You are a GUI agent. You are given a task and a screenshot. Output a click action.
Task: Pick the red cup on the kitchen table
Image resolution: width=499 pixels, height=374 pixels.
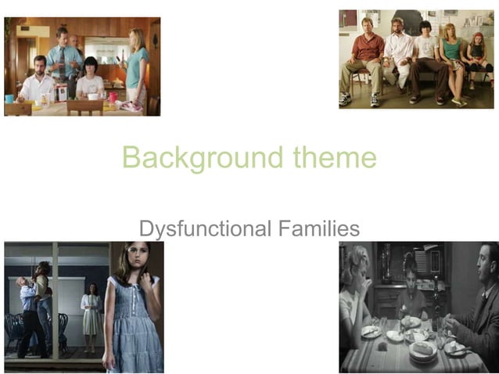pyautogui.click(x=113, y=97)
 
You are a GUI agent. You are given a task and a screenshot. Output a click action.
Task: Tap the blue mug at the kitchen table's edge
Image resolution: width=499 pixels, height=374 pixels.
pyautogui.click(x=9, y=99)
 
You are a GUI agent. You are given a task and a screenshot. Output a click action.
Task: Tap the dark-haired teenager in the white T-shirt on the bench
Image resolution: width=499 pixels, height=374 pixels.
pyautogui.click(x=425, y=55)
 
